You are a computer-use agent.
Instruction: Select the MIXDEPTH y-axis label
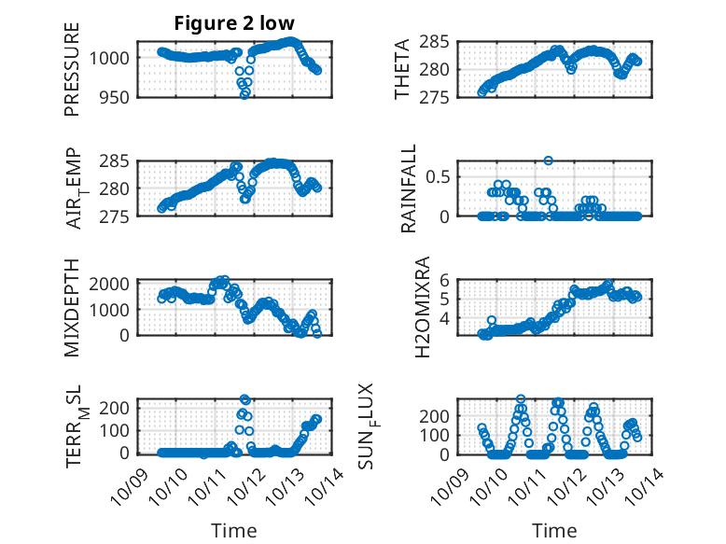[72, 307]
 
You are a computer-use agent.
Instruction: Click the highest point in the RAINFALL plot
[549, 160]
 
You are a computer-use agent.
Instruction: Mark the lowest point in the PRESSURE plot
[245, 94]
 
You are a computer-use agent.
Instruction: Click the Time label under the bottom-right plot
[554, 530]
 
